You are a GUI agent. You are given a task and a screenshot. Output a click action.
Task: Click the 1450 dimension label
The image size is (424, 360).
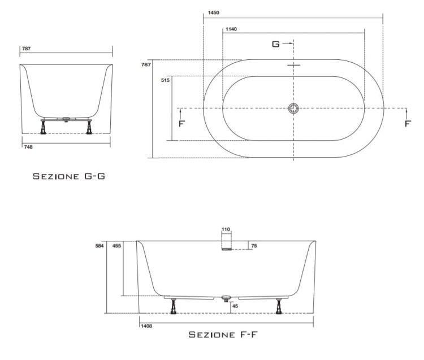pos(213,12)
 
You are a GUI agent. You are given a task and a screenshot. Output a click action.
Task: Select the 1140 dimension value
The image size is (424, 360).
pos(231,29)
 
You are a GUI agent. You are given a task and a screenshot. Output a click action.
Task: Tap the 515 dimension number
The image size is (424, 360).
pos(165,80)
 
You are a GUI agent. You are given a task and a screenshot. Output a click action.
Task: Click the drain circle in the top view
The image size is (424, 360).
pos(293,109)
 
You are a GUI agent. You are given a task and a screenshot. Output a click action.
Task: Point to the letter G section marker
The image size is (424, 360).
pos(275,44)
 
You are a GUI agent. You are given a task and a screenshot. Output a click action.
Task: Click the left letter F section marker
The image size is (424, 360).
pos(181,124)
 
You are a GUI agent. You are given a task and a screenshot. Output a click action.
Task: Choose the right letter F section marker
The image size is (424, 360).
pos(408,124)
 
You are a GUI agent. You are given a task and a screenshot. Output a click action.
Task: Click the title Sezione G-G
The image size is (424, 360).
pos(68,176)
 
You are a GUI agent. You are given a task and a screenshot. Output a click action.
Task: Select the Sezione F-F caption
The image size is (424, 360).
pos(223,335)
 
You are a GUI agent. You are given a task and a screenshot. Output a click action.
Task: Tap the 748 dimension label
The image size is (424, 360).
pos(28,147)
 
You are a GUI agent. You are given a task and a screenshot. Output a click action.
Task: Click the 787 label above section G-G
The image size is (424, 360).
pos(26,49)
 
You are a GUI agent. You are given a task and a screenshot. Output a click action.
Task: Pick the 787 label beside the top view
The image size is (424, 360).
pos(146,64)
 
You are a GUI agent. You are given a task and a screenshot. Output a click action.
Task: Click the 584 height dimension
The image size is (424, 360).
pos(99,246)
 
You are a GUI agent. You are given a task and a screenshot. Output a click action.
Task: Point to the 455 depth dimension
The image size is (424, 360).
pos(116,246)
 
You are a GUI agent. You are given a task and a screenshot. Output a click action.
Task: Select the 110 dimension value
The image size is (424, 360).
pos(226,229)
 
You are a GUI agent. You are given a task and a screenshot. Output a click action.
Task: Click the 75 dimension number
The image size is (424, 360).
pos(254,246)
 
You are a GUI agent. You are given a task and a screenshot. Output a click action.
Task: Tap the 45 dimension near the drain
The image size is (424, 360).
pos(235,306)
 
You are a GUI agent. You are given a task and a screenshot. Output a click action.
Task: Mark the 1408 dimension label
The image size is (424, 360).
pos(146,326)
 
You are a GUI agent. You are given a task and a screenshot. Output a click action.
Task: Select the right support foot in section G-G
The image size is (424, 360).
pos(89,127)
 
